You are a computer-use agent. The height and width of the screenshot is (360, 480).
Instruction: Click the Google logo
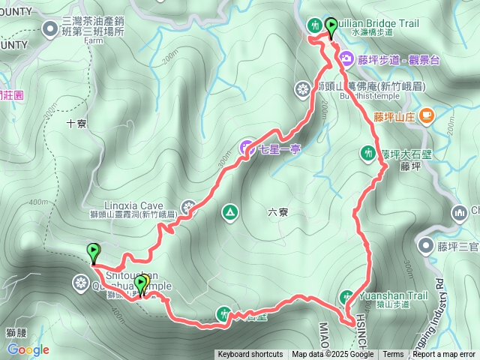[x=28, y=349]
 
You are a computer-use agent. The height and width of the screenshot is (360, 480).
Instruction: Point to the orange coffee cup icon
[x=426, y=115]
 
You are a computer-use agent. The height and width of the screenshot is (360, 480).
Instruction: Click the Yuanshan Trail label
[x=393, y=295]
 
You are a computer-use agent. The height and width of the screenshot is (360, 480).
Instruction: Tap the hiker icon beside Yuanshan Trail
[x=348, y=295]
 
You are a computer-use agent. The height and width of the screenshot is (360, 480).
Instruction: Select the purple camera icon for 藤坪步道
[x=346, y=58]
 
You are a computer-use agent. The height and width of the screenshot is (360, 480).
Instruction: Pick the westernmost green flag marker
[x=94, y=253]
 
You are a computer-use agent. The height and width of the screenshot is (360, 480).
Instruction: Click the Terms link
[x=393, y=355]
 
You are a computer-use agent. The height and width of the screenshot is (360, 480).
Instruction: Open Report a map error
[x=444, y=355]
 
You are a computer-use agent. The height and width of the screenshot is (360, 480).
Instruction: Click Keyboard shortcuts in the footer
[x=250, y=355]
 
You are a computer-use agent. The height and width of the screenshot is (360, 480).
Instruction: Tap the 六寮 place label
[x=277, y=212]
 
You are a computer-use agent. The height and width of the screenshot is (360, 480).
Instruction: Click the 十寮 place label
[x=77, y=124]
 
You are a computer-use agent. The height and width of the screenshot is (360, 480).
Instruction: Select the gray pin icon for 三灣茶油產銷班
[x=50, y=29]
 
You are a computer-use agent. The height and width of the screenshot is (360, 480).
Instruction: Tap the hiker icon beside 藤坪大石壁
[x=367, y=154]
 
